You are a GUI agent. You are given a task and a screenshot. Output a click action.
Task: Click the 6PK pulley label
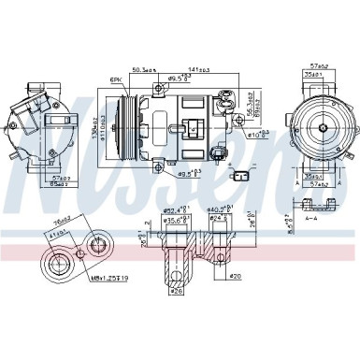point(117,81)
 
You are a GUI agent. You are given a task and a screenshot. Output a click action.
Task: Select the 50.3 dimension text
point(143,69)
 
